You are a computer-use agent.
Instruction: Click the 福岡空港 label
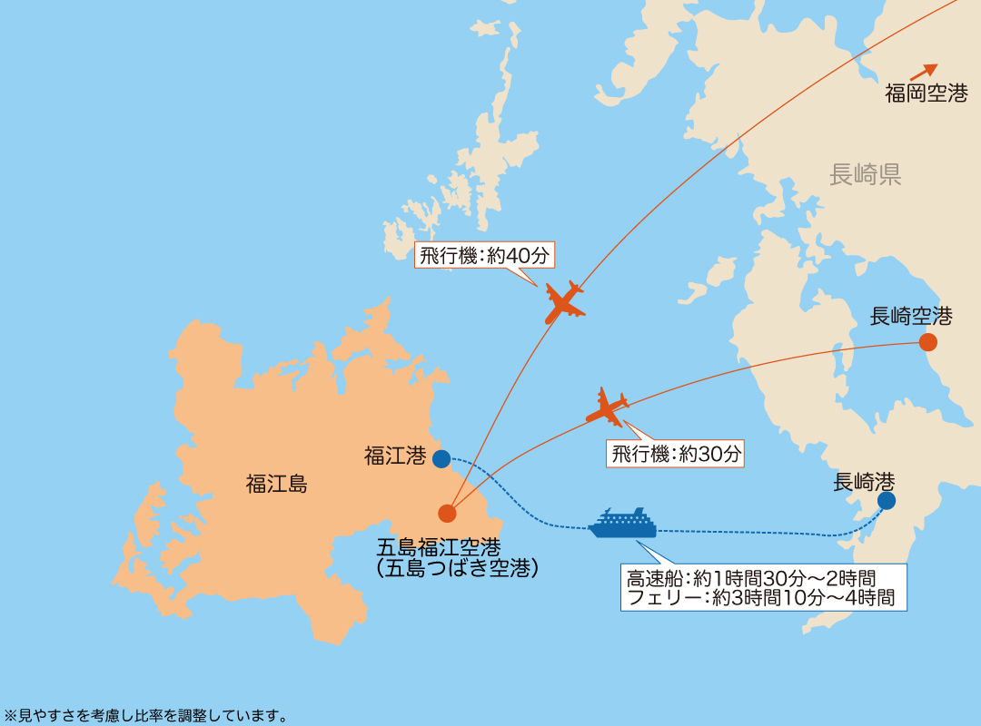[x=926, y=93]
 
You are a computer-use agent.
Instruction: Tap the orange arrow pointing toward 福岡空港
[x=925, y=72]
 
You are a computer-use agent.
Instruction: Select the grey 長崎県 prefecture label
[x=865, y=175]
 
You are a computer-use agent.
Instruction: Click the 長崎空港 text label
[x=911, y=317]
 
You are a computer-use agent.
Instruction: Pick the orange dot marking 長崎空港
[x=927, y=342]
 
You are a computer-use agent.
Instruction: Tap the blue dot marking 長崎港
[x=887, y=500]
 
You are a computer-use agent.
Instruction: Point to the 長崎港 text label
[x=864, y=482]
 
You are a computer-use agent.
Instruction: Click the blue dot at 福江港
[x=441, y=459]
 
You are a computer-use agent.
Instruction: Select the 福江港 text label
[x=395, y=456]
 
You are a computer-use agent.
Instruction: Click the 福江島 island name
[x=276, y=484]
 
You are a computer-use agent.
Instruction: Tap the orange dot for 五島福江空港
[x=447, y=514]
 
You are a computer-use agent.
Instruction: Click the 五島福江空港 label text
[x=438, y=547]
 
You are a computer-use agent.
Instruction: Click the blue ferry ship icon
[x=622, y=524]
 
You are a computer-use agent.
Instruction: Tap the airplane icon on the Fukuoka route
[x=564, y=302]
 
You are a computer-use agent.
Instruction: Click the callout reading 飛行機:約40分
[x=484, y=256]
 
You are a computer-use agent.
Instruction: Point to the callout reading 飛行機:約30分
[x=676, y=454]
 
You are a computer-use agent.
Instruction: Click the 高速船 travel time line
[x=751, y=577]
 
